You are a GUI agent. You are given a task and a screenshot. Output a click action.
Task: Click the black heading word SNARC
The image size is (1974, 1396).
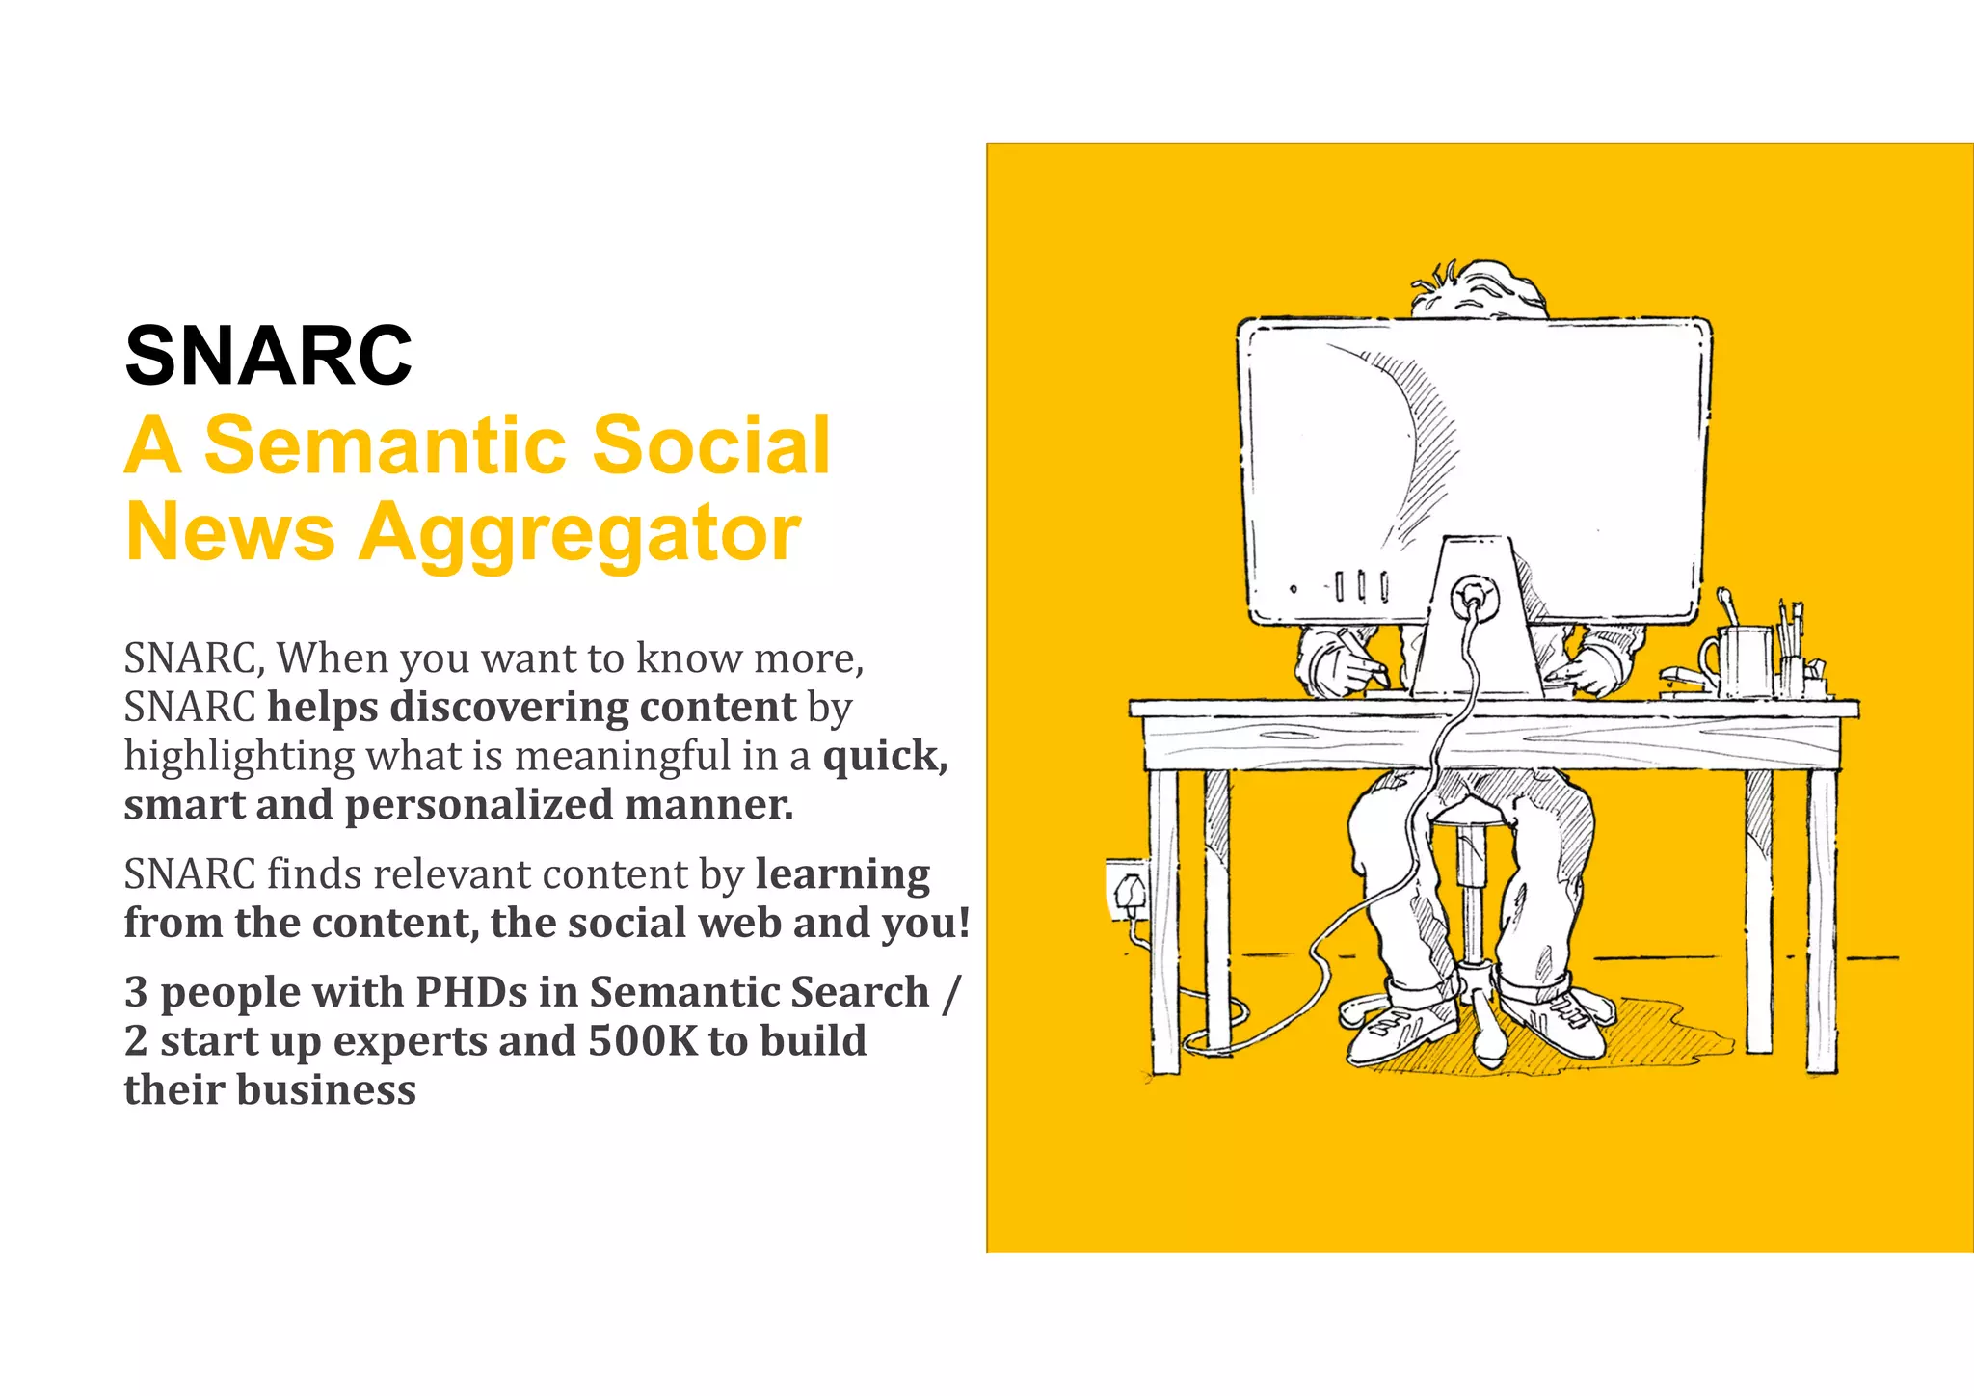(x=268, y=356)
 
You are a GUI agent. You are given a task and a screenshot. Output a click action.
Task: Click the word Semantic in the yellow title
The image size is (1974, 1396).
(x=386, y=445)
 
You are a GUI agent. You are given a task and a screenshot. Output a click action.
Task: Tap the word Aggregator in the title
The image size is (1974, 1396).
(x=579, y=533)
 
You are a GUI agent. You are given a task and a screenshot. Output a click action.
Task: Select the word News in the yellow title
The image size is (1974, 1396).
(x=229, y=532)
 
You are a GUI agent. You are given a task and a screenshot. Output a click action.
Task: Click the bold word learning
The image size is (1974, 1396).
(x=842, y=873)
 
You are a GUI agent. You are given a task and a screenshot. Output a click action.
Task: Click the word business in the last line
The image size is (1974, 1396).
(x=326, y=1090)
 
